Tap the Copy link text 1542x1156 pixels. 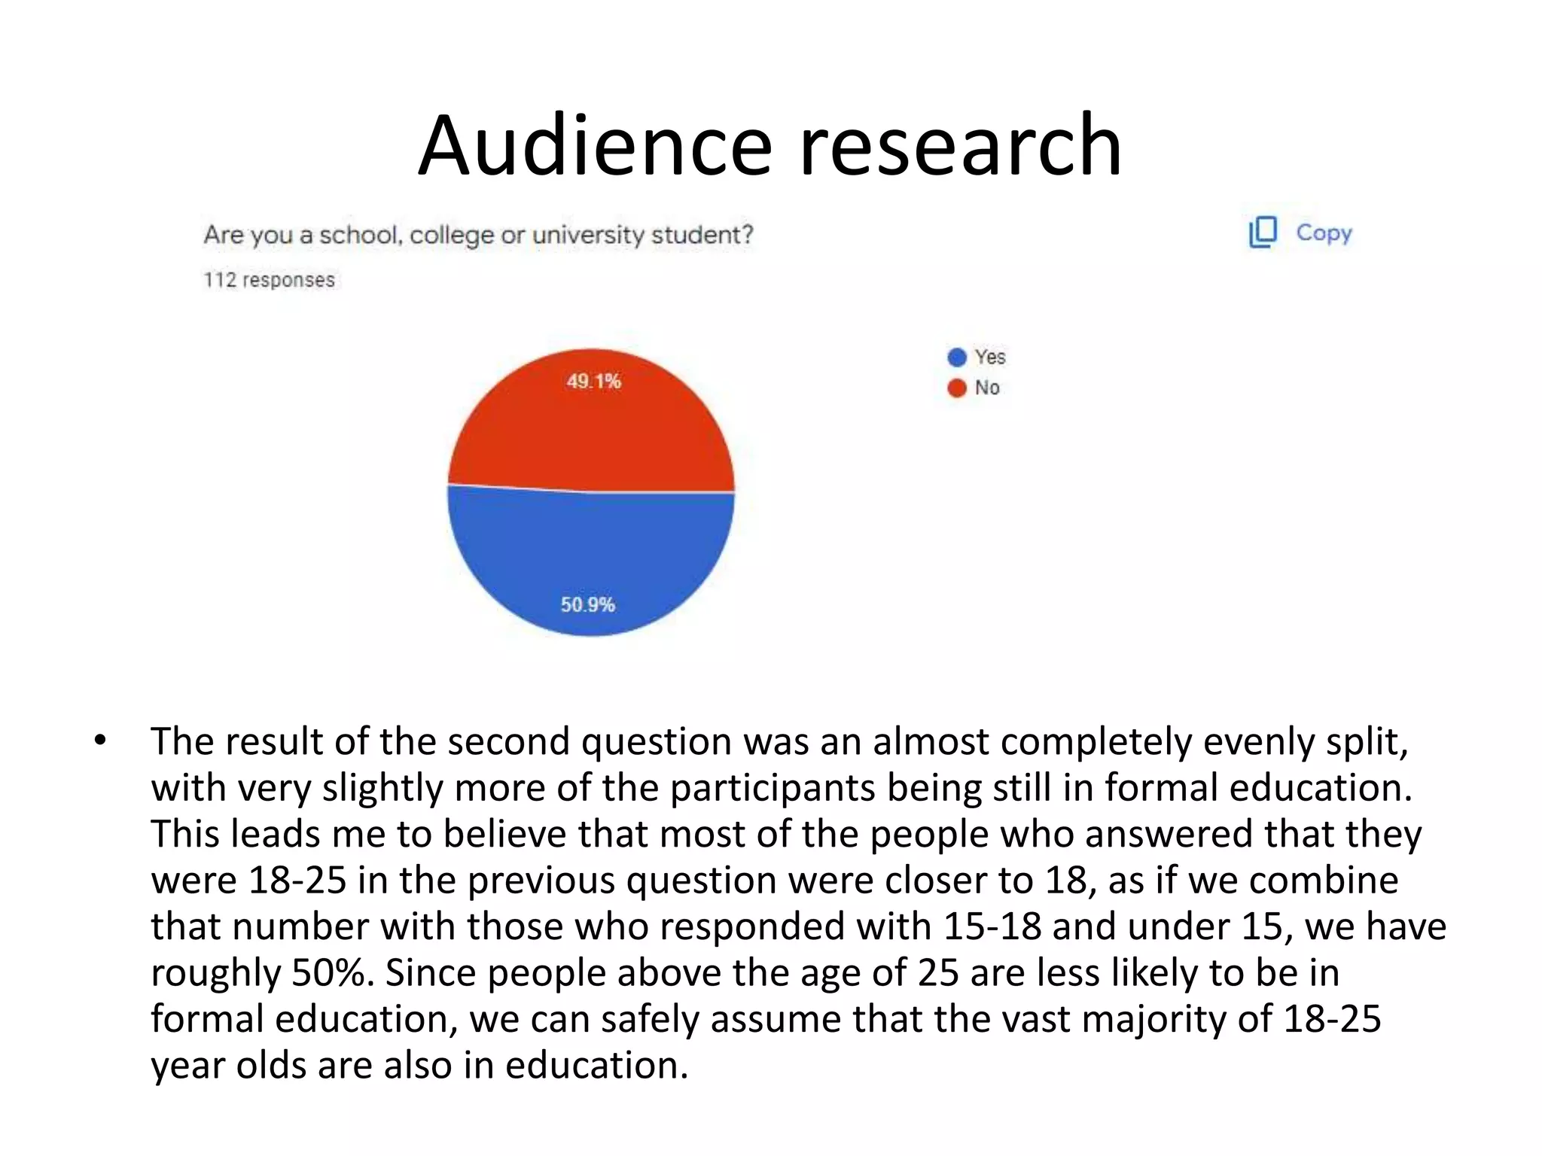point(1324,233)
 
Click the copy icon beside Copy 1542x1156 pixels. point(1263,233)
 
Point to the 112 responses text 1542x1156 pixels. point(269,280)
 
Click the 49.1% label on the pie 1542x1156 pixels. point(593,382)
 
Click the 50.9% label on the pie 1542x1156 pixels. point(587,604)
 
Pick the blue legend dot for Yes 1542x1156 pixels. point(956,357)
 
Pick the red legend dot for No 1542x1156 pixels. point(956,388)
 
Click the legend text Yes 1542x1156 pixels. point(989,357)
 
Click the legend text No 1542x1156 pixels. point(986,388)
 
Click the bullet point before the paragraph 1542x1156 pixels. point(100,741)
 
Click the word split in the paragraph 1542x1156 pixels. point(1364,742)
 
